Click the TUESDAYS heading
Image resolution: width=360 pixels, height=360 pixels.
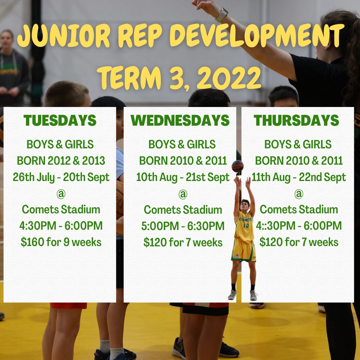[x=60, y=120]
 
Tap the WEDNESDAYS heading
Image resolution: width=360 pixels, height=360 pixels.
[x=180, y=120]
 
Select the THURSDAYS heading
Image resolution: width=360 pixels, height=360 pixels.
[x=296, y=120]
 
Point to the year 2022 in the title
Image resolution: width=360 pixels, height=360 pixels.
[x=229, y=78]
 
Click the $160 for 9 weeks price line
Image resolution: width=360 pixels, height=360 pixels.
[x=61, y=242]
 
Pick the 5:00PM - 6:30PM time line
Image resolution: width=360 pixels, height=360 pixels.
[x=183, y=226]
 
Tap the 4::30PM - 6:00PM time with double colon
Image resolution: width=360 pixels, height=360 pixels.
[x=299, y=226]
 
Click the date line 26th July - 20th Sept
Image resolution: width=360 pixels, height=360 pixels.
[x=61, y=177]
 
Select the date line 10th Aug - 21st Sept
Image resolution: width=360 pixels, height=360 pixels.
[x=183, y=177]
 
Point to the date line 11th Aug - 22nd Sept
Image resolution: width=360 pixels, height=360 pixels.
[x=299, y=177]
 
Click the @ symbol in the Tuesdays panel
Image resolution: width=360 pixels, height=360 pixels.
[x=61, y=194]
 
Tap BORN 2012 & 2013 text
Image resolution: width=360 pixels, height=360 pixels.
[x=61, y=161]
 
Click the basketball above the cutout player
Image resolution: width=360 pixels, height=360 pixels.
[x=237, y=166]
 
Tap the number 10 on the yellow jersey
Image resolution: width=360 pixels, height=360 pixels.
[x=246, y=226]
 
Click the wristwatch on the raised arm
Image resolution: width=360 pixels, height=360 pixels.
[x=222, y=15]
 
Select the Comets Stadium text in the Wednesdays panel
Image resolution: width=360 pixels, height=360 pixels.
[x=183, y=210]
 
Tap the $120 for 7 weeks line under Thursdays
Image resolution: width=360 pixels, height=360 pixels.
[x=299, y=242]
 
